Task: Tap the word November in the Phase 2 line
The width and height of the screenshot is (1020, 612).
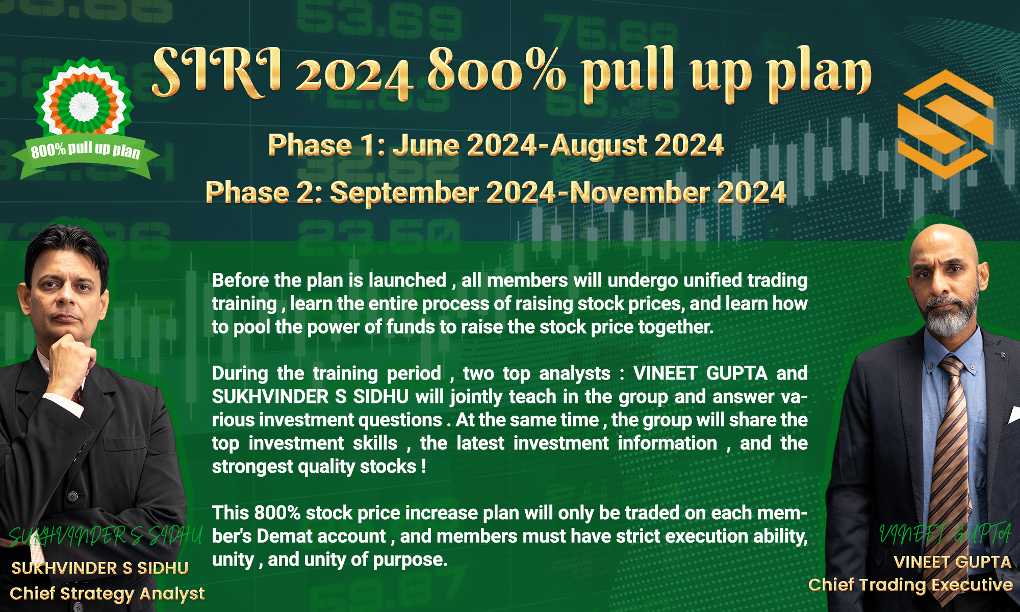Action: [x=640, y=193]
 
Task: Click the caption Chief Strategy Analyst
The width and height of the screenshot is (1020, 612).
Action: [x=107, y=594]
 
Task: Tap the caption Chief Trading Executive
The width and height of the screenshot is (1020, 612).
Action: [x=910, y=585]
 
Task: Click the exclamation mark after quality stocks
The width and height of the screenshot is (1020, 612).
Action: [x=424, y=466]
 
